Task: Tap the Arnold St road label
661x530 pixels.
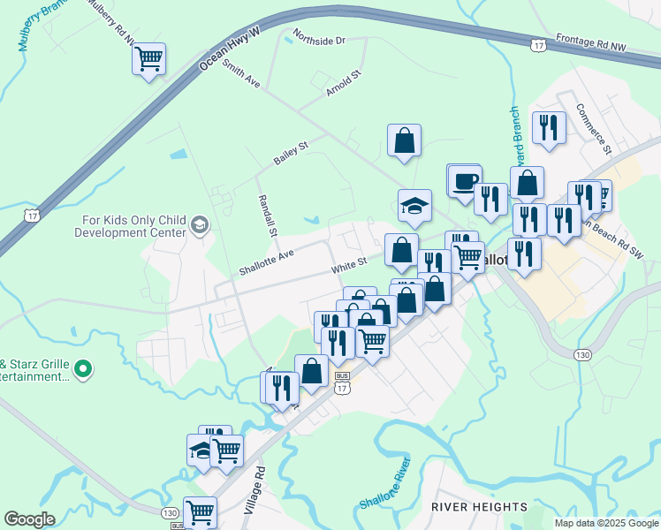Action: click(x=345, y=85)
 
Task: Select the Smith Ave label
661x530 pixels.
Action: click(x=241, y=74)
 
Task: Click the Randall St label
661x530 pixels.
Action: click(x=267, y=216)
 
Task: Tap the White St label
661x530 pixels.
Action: click(x=349, y=264)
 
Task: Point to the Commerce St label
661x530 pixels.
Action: click(x=594, y=129)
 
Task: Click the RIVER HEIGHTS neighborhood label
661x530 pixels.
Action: click(x=479, y=507)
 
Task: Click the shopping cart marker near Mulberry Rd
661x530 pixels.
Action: click(x=149, y=60)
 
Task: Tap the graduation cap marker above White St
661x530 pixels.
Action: click(x=414, y=207)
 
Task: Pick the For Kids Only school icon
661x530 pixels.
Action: click(x=200, y=224)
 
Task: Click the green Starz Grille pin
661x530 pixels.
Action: click(x=83, y=367)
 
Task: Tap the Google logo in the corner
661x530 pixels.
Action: click(x=29, y=519)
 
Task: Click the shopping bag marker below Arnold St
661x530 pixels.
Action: click(x=404, y=140)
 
